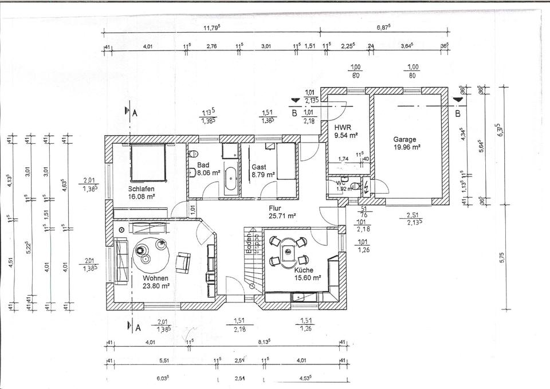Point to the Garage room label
(x=404, y=139)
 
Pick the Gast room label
(x=259, y=167)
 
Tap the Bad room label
(x=203, y=164)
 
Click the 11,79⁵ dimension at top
(x=213, y=26)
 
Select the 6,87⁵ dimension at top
(x=384, y=26)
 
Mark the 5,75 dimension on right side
(x=502, y=258)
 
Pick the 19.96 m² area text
(x=407, y=147)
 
